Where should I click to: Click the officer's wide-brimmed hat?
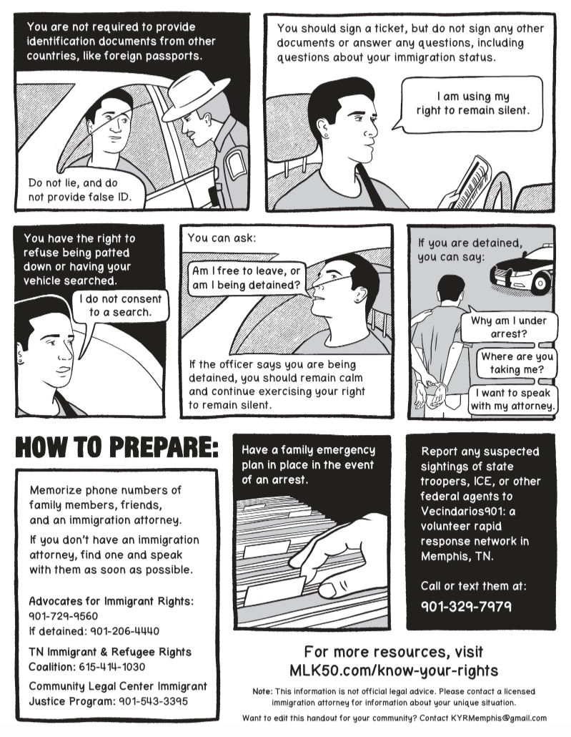[x=194, y=98]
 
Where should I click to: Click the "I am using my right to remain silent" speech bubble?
[x=472, y=104]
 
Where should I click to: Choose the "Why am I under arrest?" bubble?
[x=509, y=328]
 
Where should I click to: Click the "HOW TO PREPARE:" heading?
[x=117, y=447]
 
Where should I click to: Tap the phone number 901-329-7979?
[x=466, y=606]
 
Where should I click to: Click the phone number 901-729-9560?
[x=64, y=616]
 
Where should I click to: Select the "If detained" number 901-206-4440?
[x=124, y=631]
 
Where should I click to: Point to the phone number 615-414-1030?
[x=111, y=667]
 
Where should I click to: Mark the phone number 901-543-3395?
[x=153, y=701]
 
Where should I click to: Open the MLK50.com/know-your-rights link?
[x=394, y=670]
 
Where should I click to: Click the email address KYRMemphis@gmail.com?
[x=499, y=718]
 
